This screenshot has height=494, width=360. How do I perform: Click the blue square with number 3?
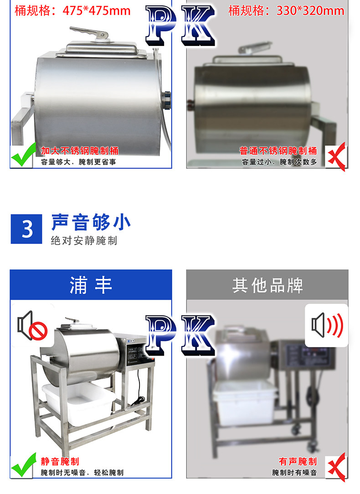pos(26,229)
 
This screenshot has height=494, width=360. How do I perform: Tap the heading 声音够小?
pos(91,222)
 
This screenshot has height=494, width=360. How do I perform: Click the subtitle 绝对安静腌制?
pos(84,241)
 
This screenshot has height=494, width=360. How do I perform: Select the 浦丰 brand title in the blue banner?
pos(91,285)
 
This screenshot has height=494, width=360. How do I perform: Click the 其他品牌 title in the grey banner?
pos(267,285)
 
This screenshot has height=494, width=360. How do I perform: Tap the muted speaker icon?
pos(32,326)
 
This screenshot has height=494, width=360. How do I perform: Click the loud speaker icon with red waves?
pos(327,325)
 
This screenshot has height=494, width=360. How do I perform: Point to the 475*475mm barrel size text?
pos(72,11)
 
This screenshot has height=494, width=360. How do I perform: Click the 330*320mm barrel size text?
pos(286,11)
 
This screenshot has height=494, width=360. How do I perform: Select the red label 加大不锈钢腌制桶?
pos(80,151)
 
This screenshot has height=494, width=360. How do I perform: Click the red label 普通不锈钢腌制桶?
pos(278,151)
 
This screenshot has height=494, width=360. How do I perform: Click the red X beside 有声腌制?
pos(337,467)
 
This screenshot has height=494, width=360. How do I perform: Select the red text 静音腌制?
pos(60,462)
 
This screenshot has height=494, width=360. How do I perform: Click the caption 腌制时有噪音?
pos(294,473)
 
